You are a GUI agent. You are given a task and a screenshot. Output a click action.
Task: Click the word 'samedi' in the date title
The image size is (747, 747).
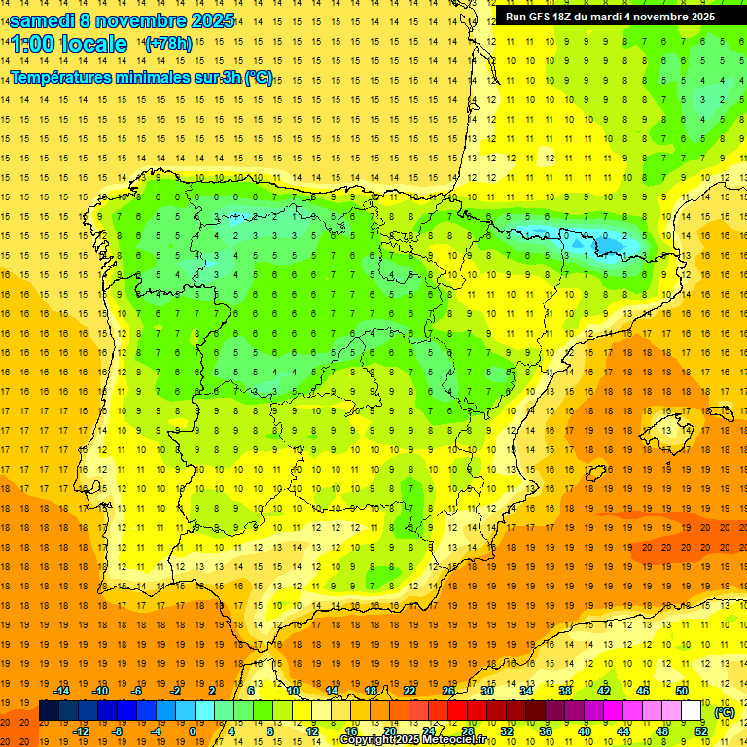point(42,20)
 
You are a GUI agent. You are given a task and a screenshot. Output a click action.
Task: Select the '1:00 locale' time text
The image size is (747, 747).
point(69,45)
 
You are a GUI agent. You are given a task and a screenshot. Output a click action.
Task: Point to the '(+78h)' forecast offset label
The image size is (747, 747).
point(168,44)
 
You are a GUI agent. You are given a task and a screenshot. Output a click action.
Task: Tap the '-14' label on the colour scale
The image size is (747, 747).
point(62,691)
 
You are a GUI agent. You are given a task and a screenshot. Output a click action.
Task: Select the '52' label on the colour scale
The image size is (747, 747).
point(701,731)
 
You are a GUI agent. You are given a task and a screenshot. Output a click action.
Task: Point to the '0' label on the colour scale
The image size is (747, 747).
point(193,731)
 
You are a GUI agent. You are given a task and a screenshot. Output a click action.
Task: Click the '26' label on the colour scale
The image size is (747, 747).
point(448,691)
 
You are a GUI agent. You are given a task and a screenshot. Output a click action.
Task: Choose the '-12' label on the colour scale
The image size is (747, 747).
point(81,731)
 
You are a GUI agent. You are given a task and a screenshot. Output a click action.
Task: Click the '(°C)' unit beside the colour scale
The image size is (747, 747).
point(725,712)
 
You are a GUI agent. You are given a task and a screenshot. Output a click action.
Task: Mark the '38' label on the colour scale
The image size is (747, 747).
point(565,691)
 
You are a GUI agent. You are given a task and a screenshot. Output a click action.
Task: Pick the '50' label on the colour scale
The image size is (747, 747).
point(682,691)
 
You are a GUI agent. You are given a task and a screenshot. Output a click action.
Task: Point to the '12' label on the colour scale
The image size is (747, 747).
point(311,731)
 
